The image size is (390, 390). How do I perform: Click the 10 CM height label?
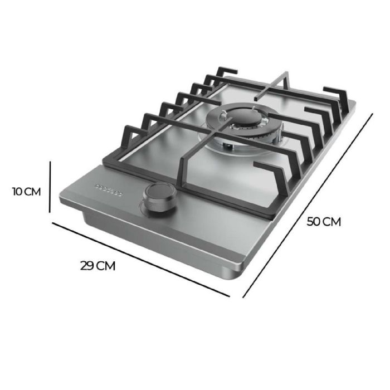(27, 192)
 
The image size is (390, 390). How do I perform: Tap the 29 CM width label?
(97, 265)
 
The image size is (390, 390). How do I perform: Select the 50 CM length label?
(324, 221)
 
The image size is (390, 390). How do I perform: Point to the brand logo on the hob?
(109, 188)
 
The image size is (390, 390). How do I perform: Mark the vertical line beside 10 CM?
(50, 187)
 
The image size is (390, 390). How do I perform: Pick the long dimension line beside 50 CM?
(308, 205)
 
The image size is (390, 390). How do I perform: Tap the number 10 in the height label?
(18, 192)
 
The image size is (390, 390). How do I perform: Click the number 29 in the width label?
(87, 265)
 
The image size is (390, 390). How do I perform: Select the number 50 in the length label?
(314, 221)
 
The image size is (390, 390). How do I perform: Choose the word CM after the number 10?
(33, 192)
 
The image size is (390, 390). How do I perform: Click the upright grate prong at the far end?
(285, 78)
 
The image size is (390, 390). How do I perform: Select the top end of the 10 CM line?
(50, 162)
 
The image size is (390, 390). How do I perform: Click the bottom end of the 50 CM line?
(243, 296)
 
